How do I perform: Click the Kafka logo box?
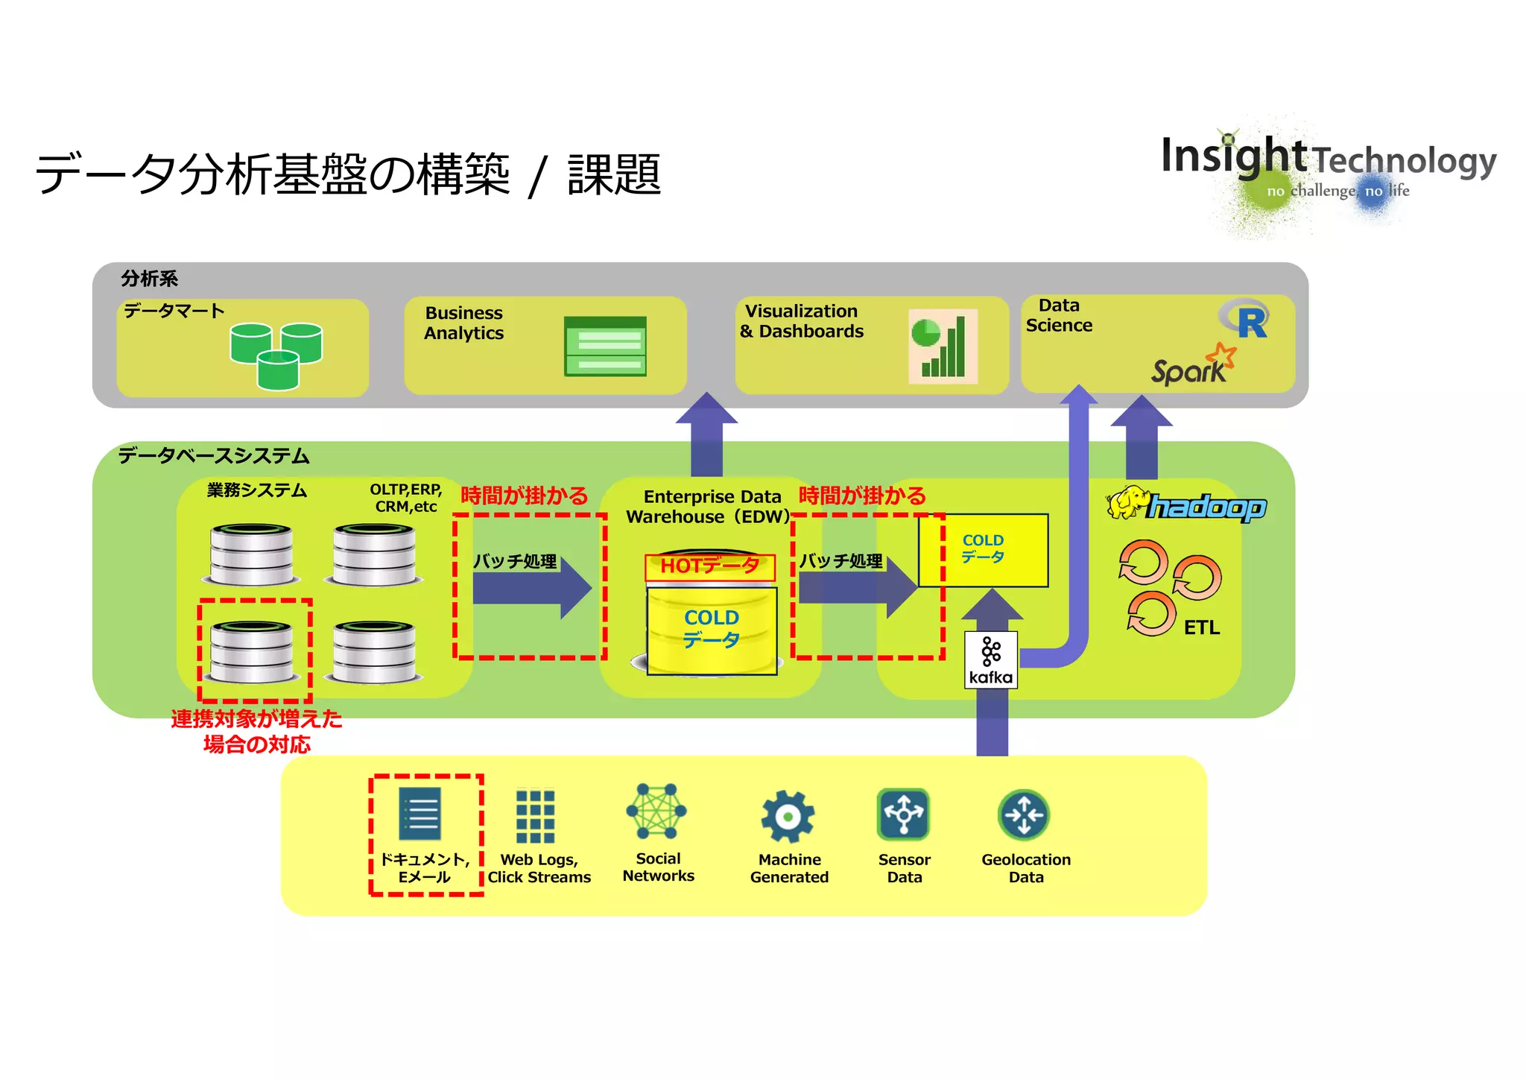[990, 659]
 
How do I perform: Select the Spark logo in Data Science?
[1192, 365]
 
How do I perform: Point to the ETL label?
[1201, 627]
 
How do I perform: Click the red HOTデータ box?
[709, 566]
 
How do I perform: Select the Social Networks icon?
[656, 811]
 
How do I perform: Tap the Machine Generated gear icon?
[788, 817]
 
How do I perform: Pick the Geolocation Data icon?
[1024, 814]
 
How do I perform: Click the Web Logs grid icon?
[535, 816]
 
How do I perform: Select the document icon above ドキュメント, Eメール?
[420, 814]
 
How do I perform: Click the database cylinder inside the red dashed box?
[252, 652]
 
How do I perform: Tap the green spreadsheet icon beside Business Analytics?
[605, 347]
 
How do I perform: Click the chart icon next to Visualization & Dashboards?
[943, 347]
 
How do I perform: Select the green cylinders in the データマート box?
[276, 355]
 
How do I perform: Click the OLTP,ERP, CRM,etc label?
[405, 498]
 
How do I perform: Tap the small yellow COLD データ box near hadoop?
[983, 550]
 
